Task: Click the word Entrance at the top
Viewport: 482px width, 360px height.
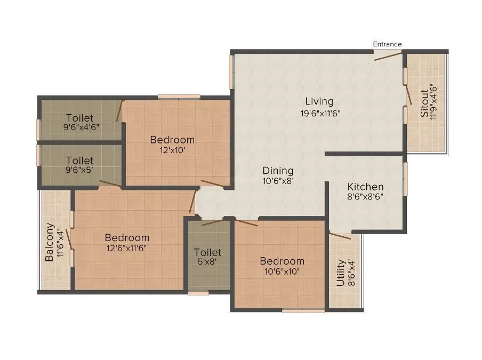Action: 387,44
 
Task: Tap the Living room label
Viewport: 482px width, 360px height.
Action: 319,101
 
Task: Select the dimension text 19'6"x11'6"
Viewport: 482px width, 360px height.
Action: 319,113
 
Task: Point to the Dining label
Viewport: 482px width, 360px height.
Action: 278,171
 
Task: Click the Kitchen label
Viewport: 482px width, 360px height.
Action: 365,187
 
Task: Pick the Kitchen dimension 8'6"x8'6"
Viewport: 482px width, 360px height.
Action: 365,197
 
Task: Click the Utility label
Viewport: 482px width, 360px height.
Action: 340,273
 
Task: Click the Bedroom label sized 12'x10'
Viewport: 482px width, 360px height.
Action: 172,140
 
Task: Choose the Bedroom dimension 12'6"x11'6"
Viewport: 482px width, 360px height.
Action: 126,247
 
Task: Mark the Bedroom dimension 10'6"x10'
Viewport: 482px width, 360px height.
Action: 282,271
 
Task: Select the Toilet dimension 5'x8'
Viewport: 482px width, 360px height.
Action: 207,262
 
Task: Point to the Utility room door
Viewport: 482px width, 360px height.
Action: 340,236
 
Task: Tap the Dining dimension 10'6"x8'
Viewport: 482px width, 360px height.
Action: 278,181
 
